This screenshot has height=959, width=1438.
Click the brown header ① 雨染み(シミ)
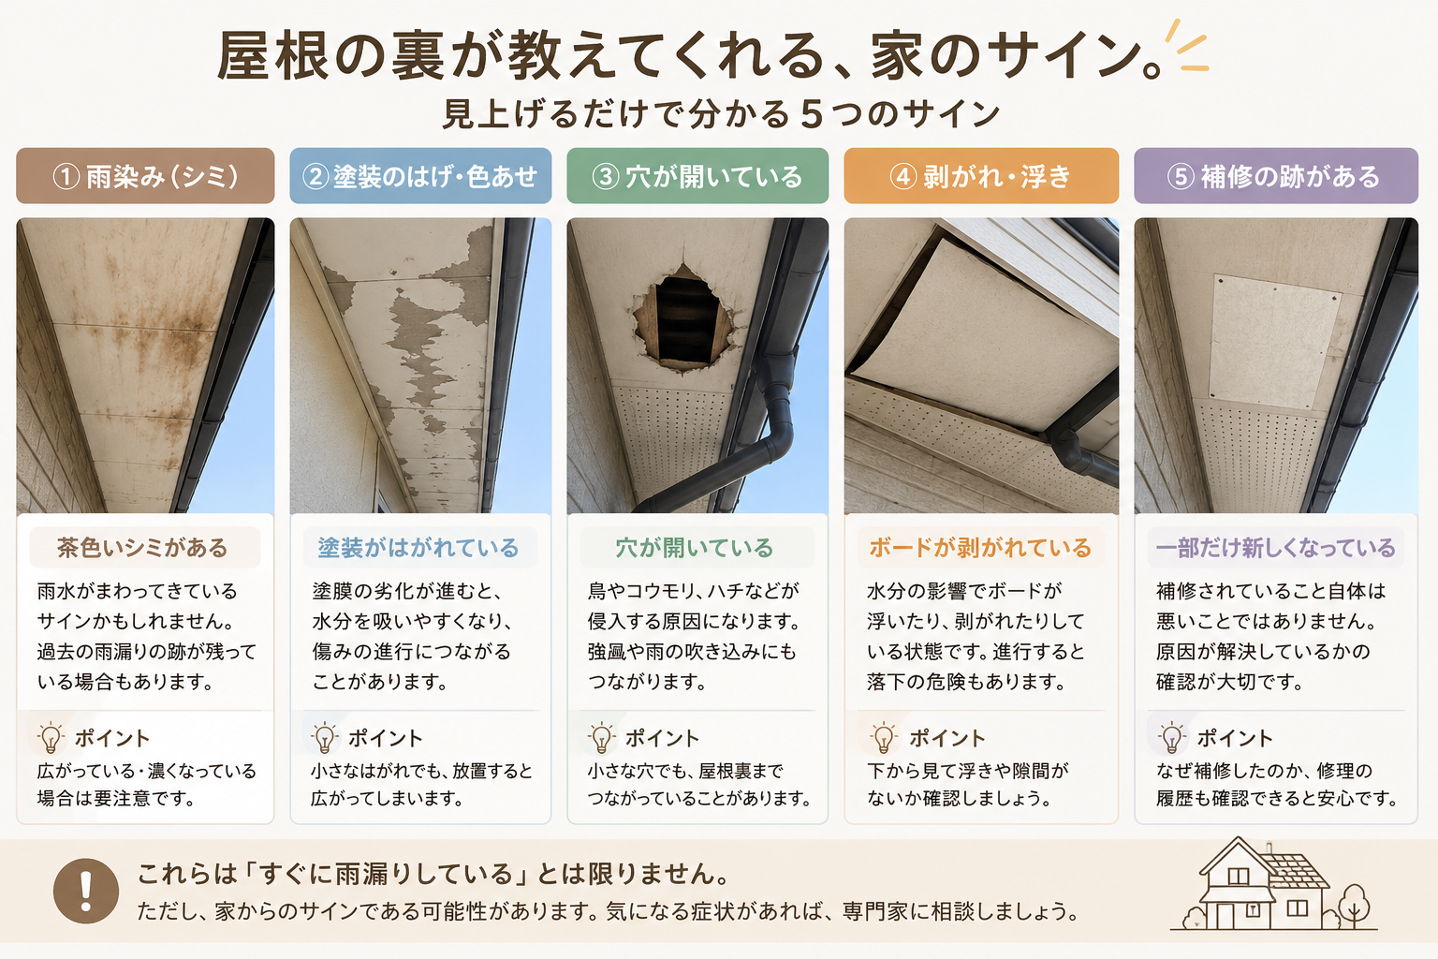pos(145,176)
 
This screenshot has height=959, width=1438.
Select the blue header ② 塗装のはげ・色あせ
pos(420,176)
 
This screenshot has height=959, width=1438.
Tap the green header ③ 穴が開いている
pos(697,176)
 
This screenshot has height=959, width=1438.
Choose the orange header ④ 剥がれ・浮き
pos(981,176)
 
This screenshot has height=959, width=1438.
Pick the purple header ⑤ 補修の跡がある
pos(1276,176)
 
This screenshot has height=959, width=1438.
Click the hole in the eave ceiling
pos(683,317)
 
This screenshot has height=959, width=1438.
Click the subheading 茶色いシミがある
pos(142,548)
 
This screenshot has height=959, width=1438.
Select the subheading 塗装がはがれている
pos(418,548)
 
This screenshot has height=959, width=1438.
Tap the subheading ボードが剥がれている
pos(979,548)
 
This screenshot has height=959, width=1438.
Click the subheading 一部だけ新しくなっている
pos(1275,548)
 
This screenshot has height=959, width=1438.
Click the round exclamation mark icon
pos(86,891)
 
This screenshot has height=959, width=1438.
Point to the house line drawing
pos(1273,884)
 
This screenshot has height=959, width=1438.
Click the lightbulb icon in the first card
pos(51,737)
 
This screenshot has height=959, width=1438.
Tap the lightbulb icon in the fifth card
pos(1171,737)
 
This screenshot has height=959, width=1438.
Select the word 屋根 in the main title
pos(271,56)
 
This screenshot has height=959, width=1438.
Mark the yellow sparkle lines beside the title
pos(1187,45)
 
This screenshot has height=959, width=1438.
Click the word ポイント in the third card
pos(662,738)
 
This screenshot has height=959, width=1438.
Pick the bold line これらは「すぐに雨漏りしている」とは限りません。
pos(434,874)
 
